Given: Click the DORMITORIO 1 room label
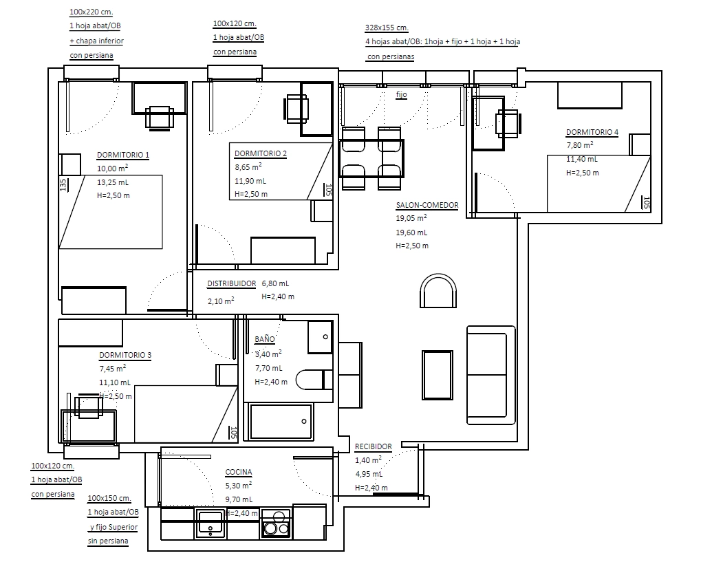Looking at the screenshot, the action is tap(122, 155).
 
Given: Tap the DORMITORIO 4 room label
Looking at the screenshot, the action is tap(592, 132).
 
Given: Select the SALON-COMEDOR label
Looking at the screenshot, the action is tap(427, 205).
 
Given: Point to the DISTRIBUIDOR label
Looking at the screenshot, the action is tap(232, 283).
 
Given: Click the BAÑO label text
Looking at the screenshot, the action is tap(265, 338).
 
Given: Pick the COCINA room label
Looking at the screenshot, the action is tap(239, 472).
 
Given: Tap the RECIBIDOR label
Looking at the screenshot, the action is tap(373, 446).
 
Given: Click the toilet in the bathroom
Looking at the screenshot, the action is tap(314, 380).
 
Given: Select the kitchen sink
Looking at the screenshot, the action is tap(211, 523).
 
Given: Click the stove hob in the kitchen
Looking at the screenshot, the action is tap(276, 523).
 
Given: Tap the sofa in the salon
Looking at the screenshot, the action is tap(491, 375).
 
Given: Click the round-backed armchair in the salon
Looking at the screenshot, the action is tap(438, 290).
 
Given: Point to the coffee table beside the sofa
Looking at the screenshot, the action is tap(438, 375).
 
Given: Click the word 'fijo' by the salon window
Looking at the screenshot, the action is tap(402, 95).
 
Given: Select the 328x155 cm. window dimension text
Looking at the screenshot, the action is tap(387, 28).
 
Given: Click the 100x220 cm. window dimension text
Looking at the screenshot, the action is tap(91, 12).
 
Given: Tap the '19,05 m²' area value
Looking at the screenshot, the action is tap(411, 218).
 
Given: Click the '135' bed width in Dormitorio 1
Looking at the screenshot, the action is tap(63, 185).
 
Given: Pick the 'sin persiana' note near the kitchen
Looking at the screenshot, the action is tap(108, 541).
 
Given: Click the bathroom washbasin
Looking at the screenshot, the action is tap(321, 337).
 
